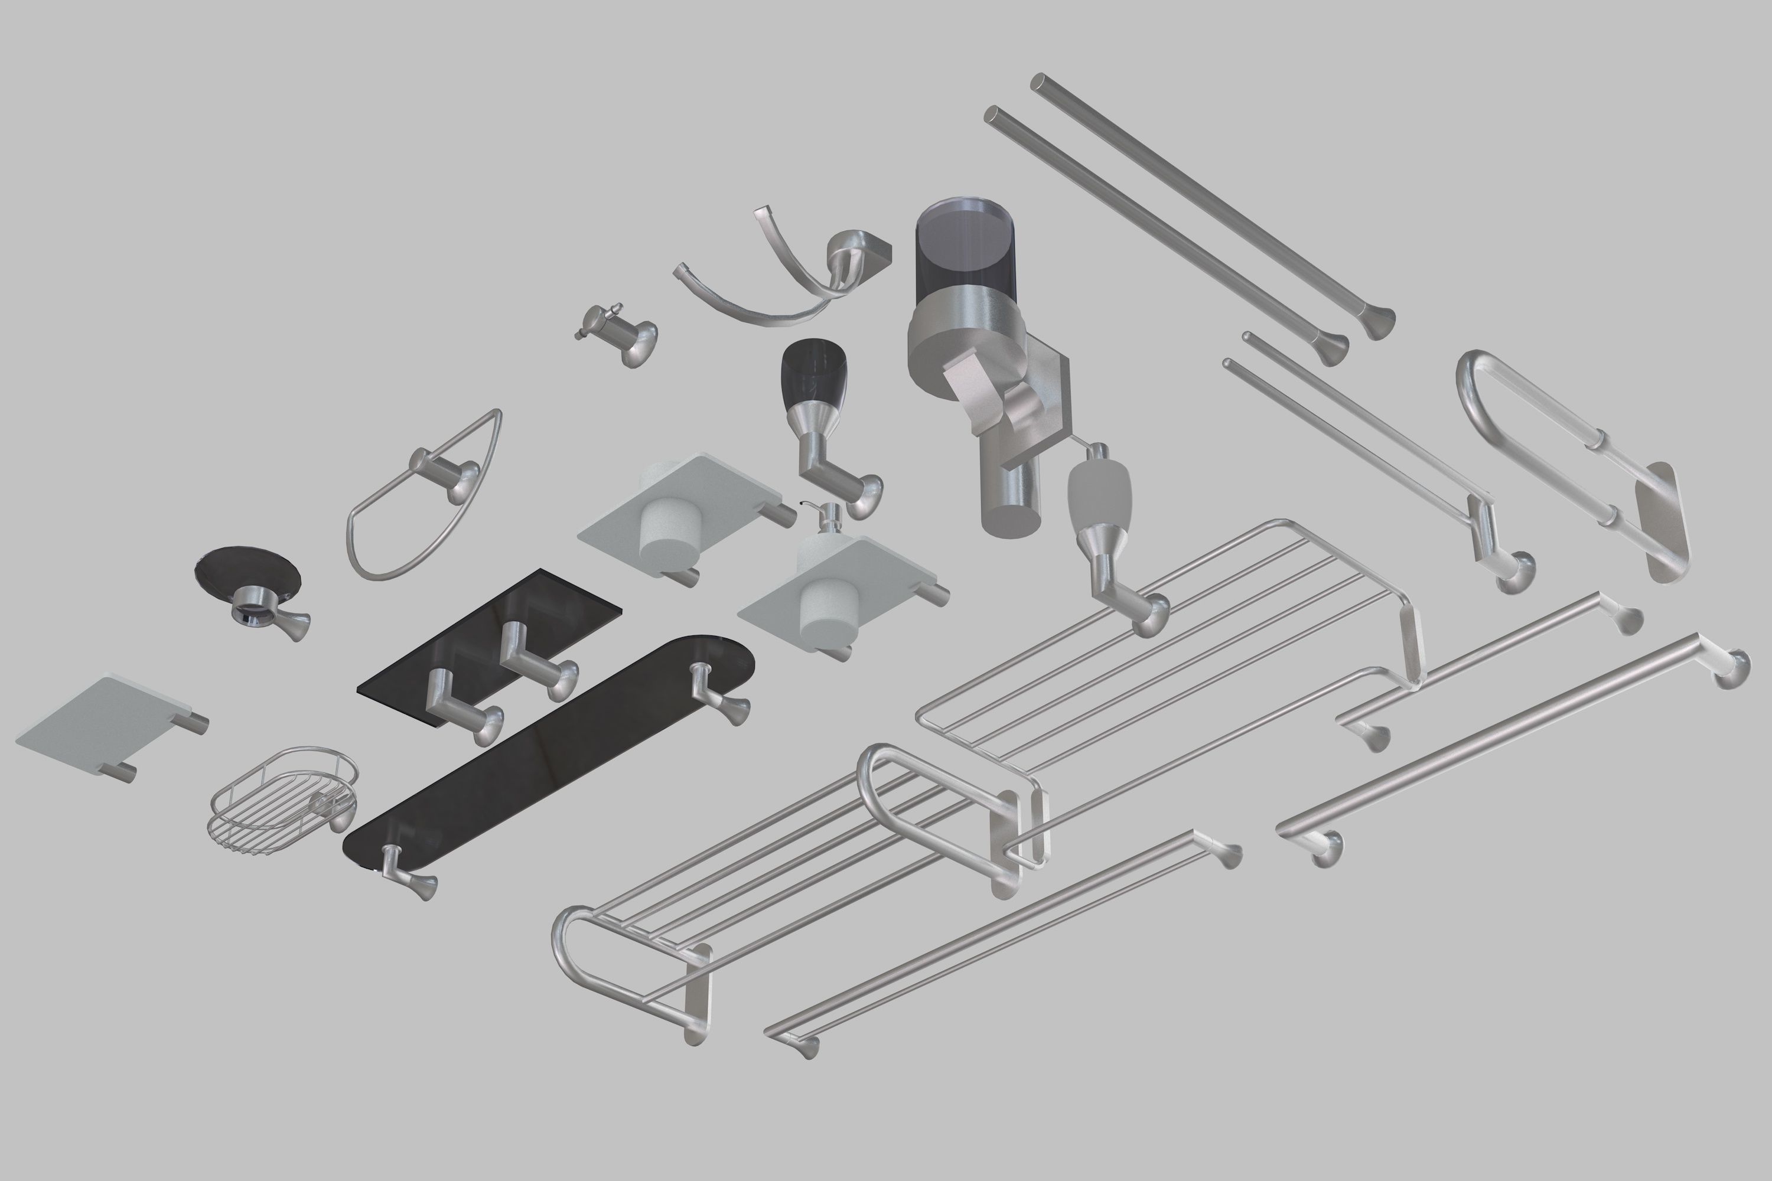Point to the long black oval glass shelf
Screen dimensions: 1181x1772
coord(542,753)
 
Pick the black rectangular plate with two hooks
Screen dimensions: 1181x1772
coord(490,640)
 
